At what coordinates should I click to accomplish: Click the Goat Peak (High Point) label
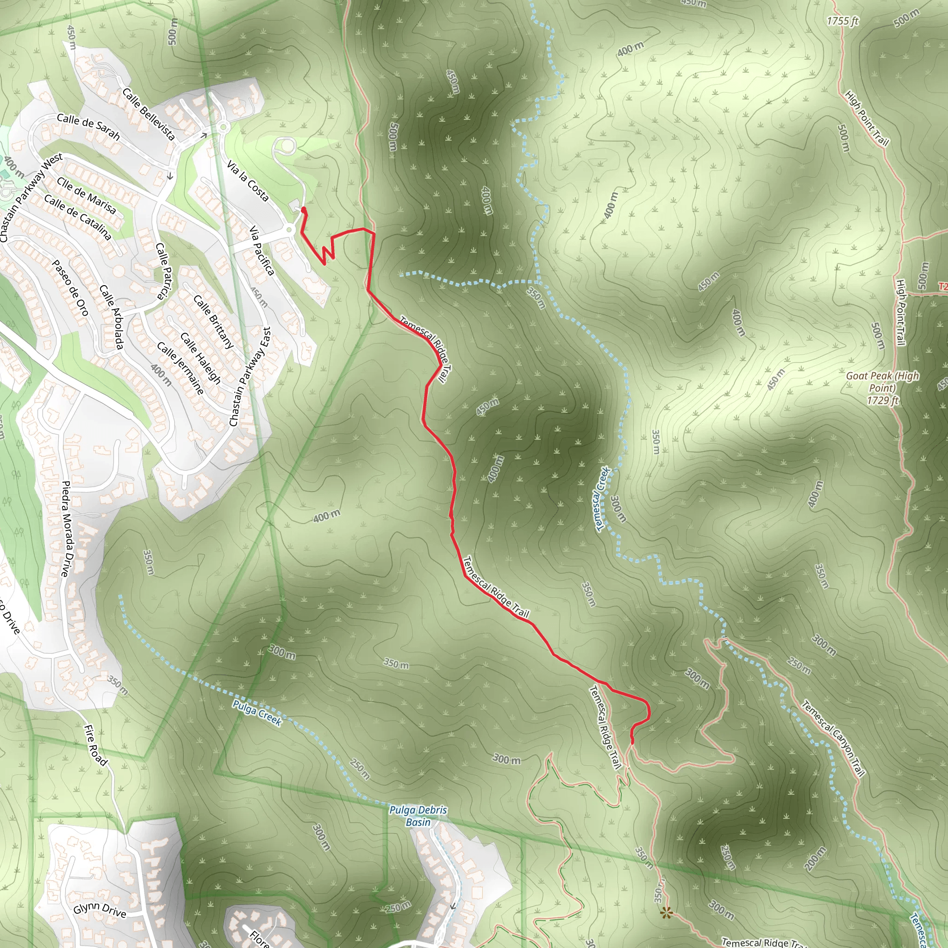[882, 387]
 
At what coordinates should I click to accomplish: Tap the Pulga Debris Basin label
[418, 816]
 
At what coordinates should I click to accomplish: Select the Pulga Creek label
[257, 713]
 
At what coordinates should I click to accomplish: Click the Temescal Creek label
[602, 499]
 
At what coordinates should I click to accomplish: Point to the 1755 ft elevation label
[842, 21]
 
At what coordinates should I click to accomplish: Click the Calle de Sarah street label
[88, 126]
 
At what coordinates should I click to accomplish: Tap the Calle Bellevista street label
[148, 114]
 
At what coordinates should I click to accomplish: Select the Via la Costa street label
[248, 181]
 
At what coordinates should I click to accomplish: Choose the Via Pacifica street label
[262, 250]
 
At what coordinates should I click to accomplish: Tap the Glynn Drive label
[100, 909]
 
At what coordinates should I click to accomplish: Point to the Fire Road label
[96, 745]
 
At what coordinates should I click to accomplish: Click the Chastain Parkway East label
[250, 377]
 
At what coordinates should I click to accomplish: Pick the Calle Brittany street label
[213, 322]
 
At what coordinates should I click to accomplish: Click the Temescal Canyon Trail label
[833, 738]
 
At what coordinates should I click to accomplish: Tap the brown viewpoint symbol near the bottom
[666, 912]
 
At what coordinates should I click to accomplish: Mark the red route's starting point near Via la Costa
[303, 210]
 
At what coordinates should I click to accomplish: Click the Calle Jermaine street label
[180, 368]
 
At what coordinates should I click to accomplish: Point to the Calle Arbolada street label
[112, 317]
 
